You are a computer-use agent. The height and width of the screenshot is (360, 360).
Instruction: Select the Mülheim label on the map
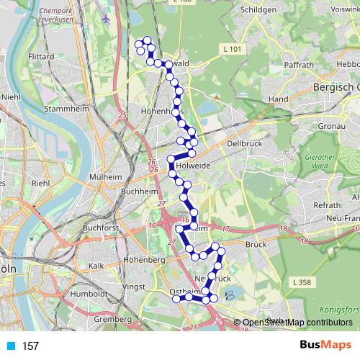tap(107, 176)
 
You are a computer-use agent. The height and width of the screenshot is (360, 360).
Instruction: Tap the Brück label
tap(256, 245)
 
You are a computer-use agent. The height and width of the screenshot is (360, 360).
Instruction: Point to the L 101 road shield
tap(230, 49)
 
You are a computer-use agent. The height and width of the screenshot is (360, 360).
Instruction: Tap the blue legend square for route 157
tap(10, 346)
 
